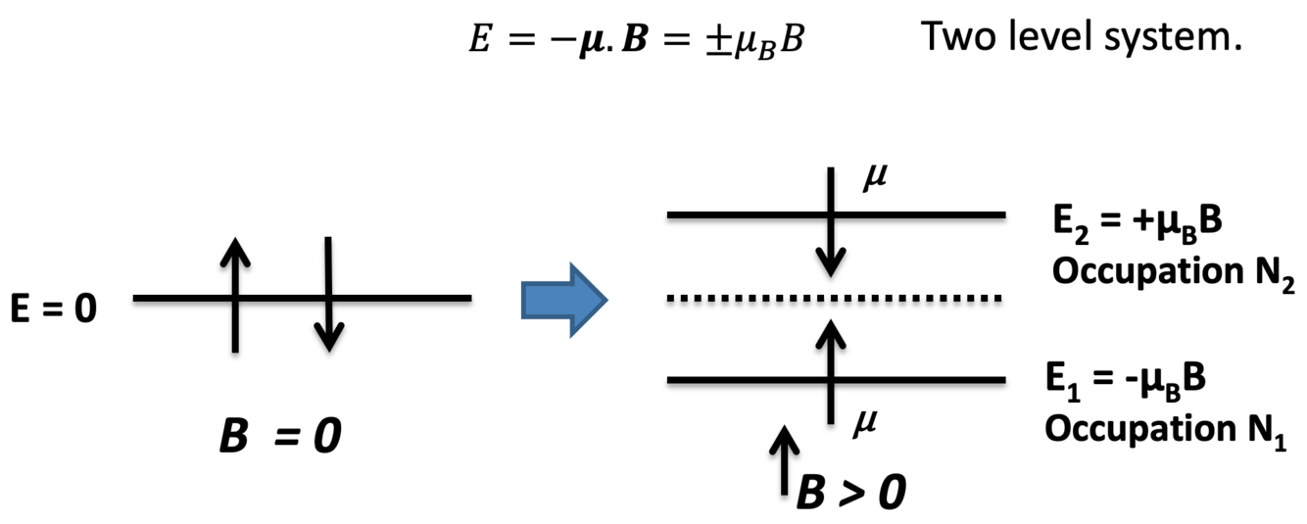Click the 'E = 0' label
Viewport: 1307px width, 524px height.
[54, 299]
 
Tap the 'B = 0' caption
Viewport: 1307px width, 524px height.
[279, 436]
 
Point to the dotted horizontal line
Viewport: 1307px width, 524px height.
[833, 298]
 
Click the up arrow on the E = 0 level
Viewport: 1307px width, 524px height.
[234, 294]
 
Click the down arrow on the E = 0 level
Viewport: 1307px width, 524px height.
[329, 294]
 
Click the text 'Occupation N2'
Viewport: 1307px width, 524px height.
[1174, 273]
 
